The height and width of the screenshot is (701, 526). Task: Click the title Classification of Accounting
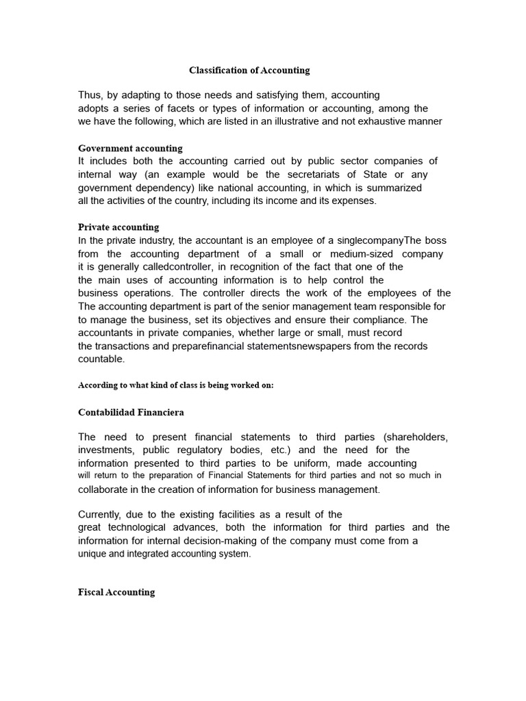point(249,70)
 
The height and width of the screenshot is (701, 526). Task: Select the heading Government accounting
point(130,148)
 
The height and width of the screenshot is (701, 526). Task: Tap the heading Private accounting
point(118,227)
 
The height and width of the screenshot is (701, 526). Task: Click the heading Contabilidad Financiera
point(131,412)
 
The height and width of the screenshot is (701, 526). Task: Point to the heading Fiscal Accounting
point(116,592)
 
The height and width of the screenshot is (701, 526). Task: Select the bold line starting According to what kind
point(176,385)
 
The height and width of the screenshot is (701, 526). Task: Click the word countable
point(101,359)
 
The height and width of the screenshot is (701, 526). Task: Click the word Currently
point(103,514)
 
